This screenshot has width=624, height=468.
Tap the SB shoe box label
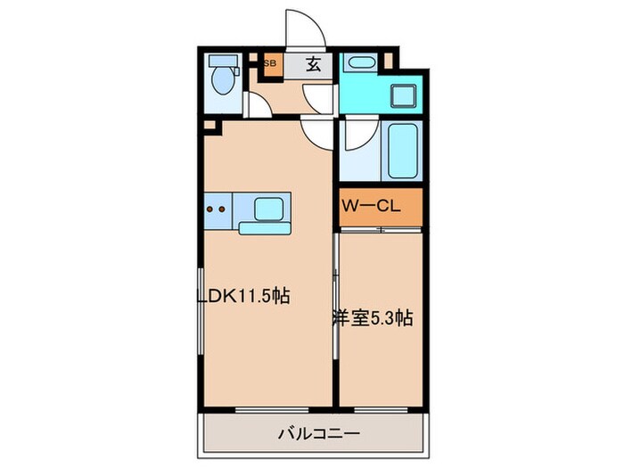[x=269, y=64]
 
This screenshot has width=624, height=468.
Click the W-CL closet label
[x=371, y=205]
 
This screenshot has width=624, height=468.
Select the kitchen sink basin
[x=269, y=209]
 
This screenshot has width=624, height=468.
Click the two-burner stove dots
[x=216, y=210]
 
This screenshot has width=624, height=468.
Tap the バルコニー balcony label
[x=317, y=434]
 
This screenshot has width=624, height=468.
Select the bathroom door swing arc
[x=355, y=135]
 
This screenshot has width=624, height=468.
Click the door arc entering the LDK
[x=317, y=134]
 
